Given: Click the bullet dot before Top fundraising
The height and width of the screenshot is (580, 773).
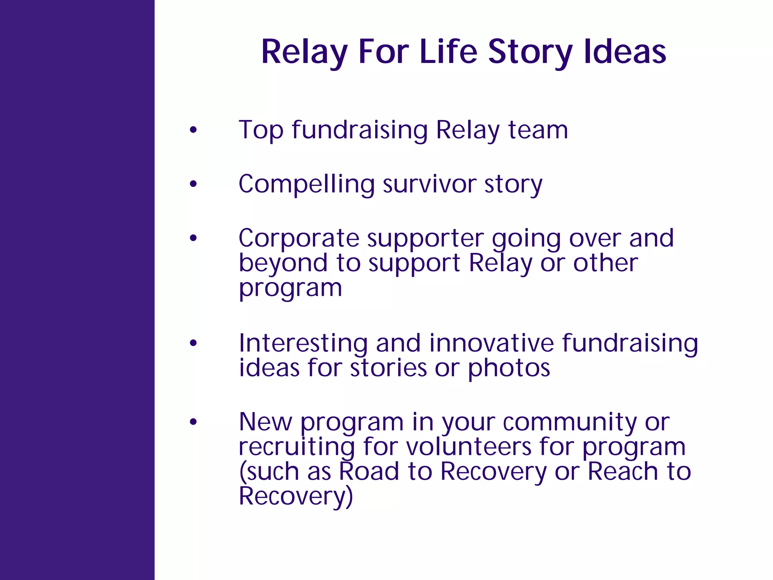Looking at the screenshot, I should click(x=193, y=130).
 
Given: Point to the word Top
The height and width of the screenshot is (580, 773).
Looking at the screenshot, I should click(x=261, y=130).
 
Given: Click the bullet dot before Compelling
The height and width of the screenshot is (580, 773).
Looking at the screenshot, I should click(x=193, y=184).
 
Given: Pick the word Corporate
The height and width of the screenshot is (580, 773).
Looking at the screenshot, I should click(x=299, y=238).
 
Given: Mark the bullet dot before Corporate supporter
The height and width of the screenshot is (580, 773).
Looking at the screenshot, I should click(x=193, y=238).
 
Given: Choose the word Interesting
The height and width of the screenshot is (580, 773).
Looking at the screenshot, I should click(x=303, y=344).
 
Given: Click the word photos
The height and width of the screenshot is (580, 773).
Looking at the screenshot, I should click(x=508, y=368).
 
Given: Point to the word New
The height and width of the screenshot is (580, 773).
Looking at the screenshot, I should click(x=265, y=422).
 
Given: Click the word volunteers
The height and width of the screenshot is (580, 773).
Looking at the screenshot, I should click(x=468, y=447).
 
